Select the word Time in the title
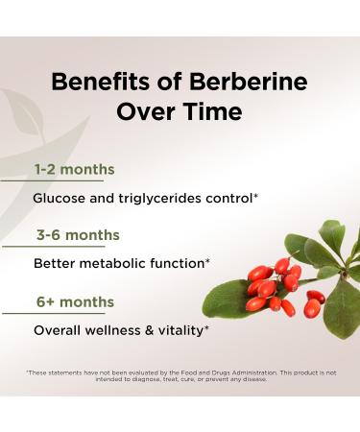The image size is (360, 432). pyautogui.click(x=211, y=111)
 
